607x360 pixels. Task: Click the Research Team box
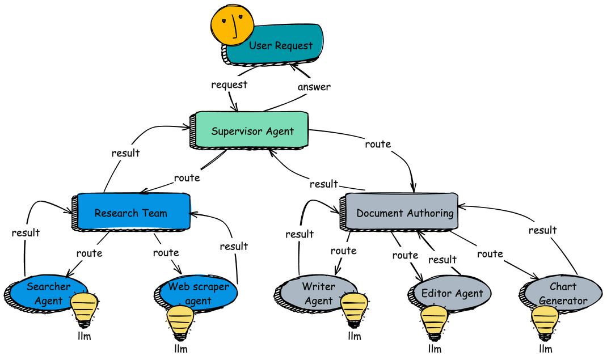pos(132,212)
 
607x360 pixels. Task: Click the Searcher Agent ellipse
pos(46,294)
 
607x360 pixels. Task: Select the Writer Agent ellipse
pos(315,294)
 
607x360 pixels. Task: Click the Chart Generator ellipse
pos(561,293)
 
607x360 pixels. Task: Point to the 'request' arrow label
pos(229,84)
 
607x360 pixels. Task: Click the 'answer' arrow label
pos(314,87)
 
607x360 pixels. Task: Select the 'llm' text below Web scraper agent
pos(181,349)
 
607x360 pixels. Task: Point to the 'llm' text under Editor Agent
pos(435,349)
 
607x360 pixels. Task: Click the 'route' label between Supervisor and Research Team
pos(187,178)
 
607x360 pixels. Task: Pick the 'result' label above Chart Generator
pos(543,230)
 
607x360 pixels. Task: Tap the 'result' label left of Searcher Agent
pos(26,233)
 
